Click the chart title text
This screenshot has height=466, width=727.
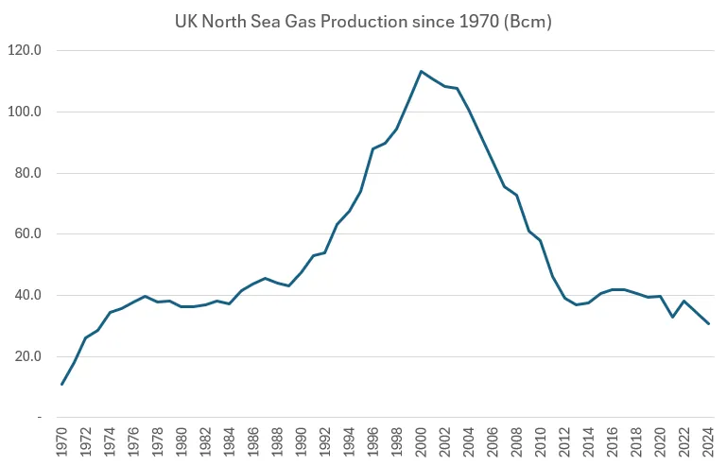tap(363, 20)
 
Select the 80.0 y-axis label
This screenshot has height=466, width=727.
tap(26, 173)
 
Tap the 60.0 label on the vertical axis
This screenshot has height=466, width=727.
tap(26, 234)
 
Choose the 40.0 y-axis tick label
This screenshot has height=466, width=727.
tap(26, 295)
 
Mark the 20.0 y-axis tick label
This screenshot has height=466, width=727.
tap(26, 356)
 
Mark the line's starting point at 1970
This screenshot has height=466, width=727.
tap(62, 384)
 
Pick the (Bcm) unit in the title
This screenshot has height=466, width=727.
tap(527, 20)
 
